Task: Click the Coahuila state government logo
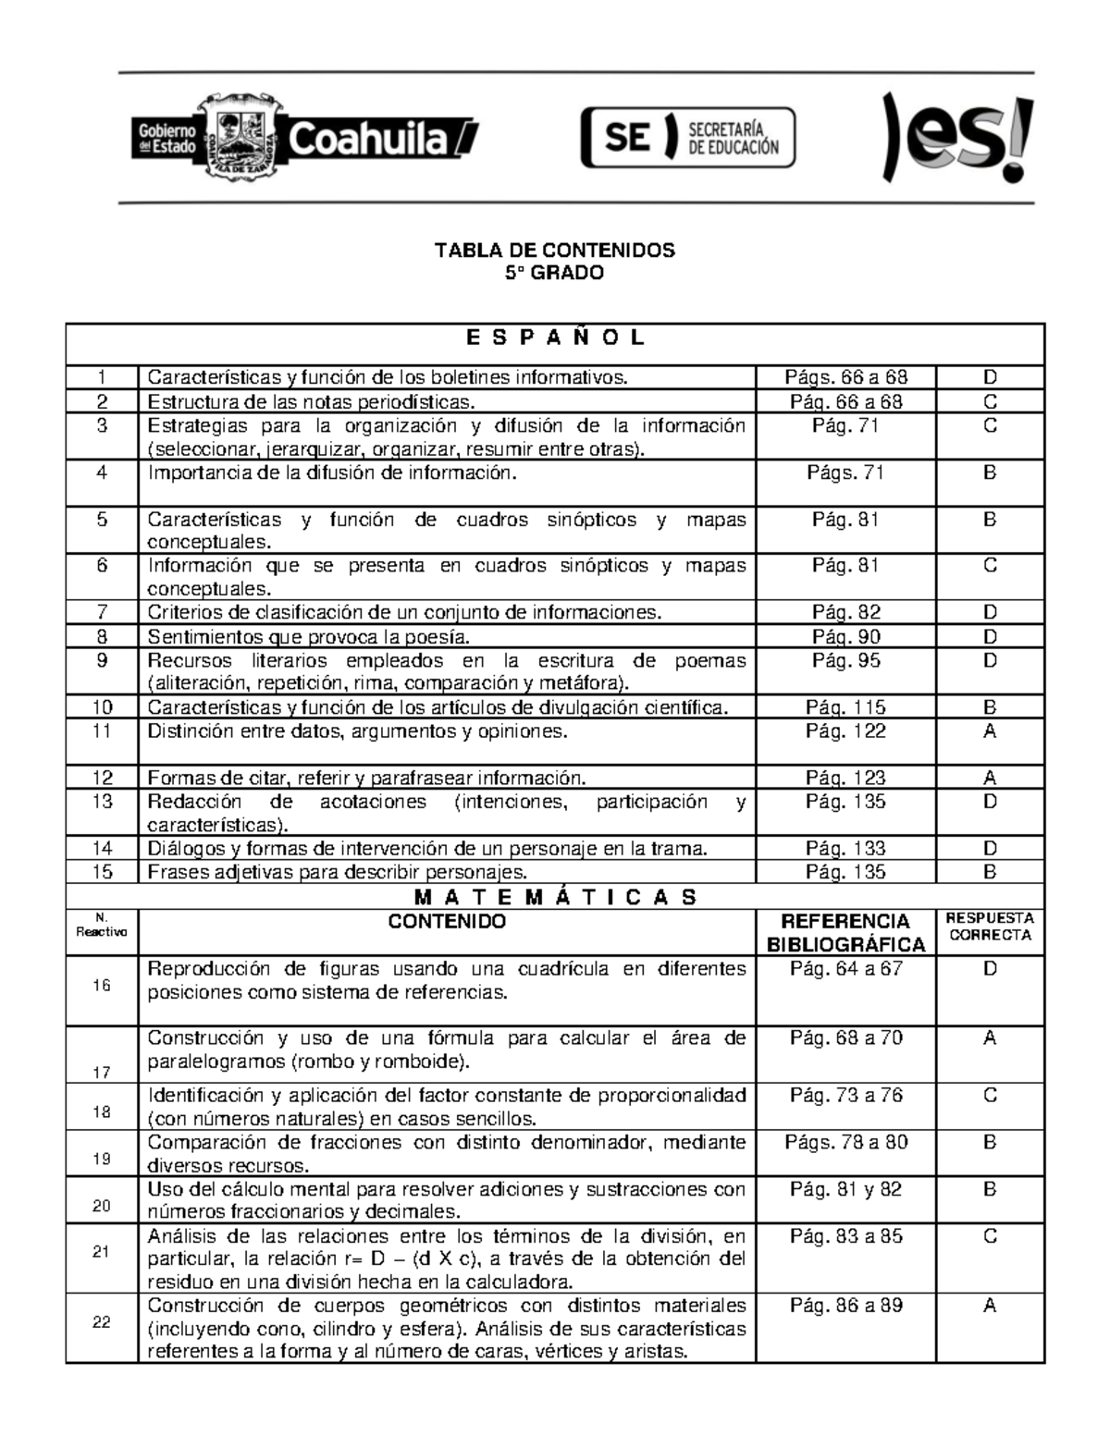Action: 305,138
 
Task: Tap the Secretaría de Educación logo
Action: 688,138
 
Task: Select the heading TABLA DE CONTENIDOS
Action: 555,251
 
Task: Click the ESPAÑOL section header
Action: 555,338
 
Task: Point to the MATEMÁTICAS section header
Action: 555,897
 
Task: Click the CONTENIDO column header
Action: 447,922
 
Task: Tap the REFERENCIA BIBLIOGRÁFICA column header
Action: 845,932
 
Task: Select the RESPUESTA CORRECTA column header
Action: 990,927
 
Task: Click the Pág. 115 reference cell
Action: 845,707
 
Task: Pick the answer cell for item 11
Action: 990,731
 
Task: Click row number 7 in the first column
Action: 102,612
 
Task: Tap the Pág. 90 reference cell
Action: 845,636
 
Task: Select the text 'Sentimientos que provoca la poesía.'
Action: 309,636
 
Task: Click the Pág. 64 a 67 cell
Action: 845,969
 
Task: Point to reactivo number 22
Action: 102,1322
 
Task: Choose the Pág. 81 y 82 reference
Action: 845,1189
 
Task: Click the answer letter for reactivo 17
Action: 990,1038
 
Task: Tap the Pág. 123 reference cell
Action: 845,778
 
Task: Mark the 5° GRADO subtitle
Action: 555,273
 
